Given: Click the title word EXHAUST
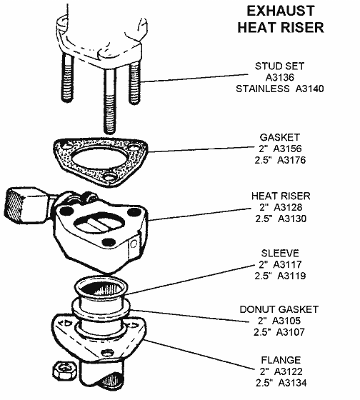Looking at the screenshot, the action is click(x=281, y=11).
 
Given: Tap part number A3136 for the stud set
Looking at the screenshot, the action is click(x=280, y=77).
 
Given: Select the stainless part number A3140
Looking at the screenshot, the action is click(x=309, y=89).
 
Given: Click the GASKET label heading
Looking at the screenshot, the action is click(x=279, y=137).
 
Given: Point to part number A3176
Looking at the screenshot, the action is click(x=291, y=160).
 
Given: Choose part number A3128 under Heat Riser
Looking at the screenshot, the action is click(x=288, y=207).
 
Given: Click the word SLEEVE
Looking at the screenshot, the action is click(x=280, y=253).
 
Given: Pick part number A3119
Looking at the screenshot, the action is click(x=291, y=276).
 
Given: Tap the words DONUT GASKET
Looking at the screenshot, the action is click(x=279, y=309).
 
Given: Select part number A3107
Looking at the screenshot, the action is click(x=291, y=332).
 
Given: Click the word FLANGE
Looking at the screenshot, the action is click(x=281, y=360).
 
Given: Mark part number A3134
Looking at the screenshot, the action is click(x=292, y=383).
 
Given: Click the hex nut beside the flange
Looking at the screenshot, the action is click(x=64, y=370).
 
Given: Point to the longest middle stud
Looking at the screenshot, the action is click(x=110, y=100).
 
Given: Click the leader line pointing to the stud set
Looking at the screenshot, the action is click(x=194, y=78).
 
